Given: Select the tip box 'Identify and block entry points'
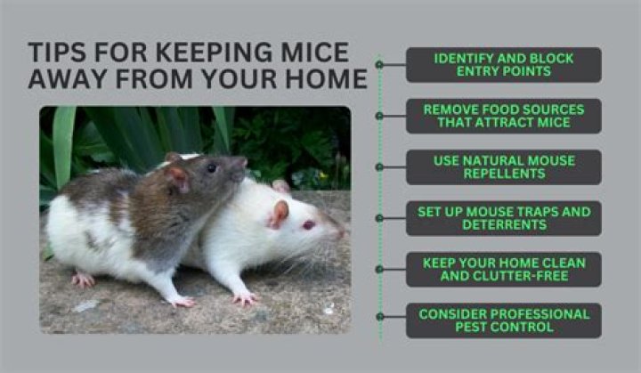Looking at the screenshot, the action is coord(504,65).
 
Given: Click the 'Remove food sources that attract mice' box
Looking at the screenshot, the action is coord(504,116).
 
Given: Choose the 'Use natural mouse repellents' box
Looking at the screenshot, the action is coord(504,166).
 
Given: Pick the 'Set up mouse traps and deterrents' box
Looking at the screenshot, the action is coord(504,218).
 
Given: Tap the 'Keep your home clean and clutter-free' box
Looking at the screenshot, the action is coord(504,269).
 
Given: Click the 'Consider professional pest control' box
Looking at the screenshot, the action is coord(504,320).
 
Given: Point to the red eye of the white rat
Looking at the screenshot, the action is coord(309,224).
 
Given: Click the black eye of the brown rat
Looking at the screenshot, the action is coord(211,167).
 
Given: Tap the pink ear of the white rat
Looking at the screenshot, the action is coord(279,214).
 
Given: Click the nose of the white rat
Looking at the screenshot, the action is coord(341,233).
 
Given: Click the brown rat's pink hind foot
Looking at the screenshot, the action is coord(83,280).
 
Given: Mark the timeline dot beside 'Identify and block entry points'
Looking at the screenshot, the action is coord(379,65).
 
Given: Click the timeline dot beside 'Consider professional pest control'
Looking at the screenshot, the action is coord(379,317).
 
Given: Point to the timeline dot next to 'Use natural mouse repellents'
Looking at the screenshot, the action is coord(379,166).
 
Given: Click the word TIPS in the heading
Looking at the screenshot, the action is coord(57,53).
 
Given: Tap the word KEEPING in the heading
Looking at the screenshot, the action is coord(214,53).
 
